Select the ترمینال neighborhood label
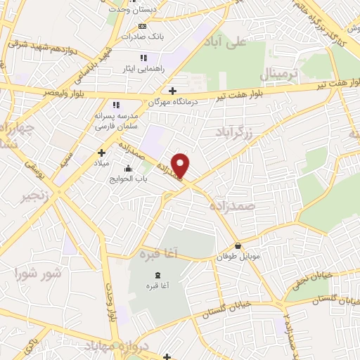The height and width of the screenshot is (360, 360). (280, 74)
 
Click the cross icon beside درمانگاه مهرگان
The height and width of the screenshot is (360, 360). (173, 90)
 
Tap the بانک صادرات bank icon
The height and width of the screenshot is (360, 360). (142, 26)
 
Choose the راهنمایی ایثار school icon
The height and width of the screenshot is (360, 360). (143, 58)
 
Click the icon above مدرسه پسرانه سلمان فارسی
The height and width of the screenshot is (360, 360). (116, 105)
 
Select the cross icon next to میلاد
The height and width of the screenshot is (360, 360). (101, 152)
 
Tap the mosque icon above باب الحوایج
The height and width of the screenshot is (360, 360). (128, 168)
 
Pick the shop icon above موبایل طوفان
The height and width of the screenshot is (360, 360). (240, 246)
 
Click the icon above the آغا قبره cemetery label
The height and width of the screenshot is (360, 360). (157, 274)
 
